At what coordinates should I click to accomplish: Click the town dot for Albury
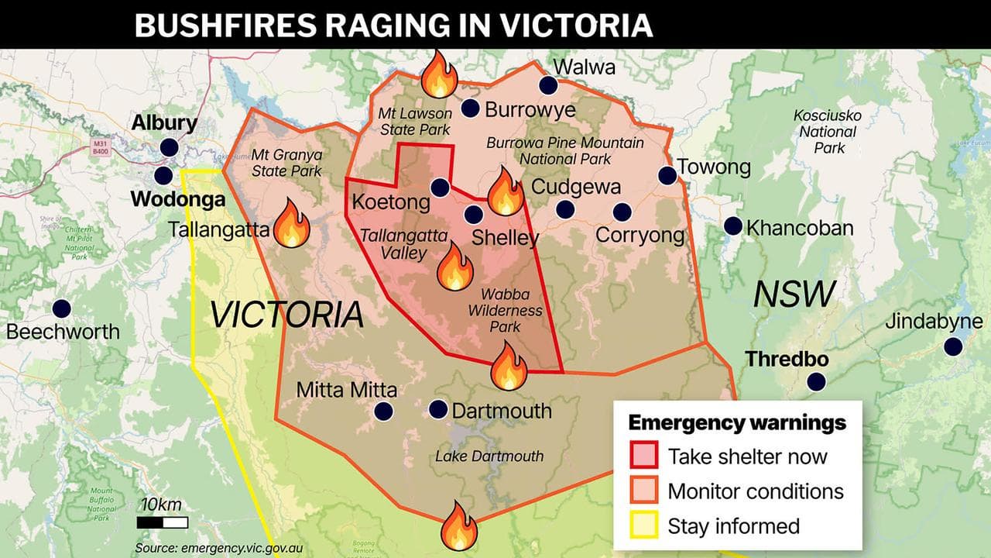(x=170, y=147)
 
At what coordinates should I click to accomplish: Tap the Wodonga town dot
(x=163, y=175)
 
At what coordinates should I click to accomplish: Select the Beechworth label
(x=63, y=332)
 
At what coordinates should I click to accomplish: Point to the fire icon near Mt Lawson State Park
(x=439, y=74)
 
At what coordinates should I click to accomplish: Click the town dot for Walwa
(x=548, y=84)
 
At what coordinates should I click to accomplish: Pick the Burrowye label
(x=530, y=110)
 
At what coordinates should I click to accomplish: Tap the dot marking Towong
(x=667, y=176)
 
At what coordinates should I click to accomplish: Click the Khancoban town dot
(x=733, y=226)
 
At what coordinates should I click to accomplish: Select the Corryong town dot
(x=622, y=212)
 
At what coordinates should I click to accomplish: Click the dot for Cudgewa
(x=565, y=209)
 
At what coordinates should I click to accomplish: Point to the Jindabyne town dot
(x=953, y=346)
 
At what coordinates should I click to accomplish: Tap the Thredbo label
(x=787, y=360)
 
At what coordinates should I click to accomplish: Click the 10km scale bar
(x=163, y=522)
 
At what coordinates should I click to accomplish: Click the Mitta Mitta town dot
(x=383, y=412)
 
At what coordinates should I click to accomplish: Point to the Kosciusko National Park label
(x=827, y=132)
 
